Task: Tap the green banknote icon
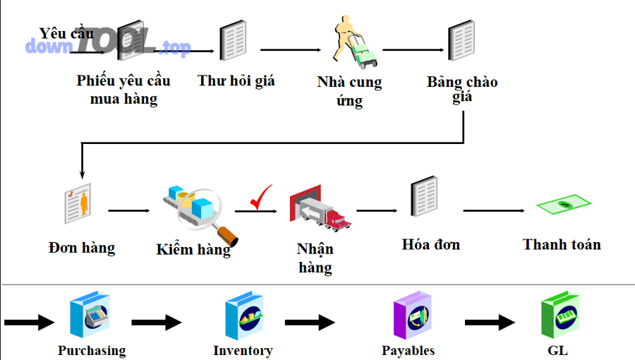(563, 205)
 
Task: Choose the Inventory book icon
(243, 318)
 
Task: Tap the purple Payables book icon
(411, 318)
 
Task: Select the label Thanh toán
(562, 245)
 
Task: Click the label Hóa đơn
(430, 245)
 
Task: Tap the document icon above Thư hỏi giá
(234, 41)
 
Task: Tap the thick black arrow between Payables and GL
(490, 323)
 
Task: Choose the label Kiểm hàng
(193, 250)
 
